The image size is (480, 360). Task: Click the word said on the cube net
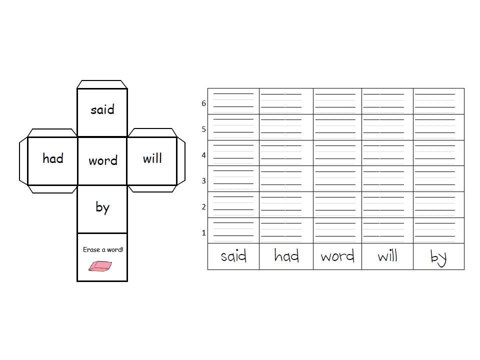[x=102, y=109]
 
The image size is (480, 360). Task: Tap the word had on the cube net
[x=53, y=158]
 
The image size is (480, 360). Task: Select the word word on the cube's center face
[x=103, y=160]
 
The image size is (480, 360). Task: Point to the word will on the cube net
[x=152, y=158]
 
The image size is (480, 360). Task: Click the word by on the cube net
[x=102, y=208]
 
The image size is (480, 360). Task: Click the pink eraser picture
[x=100, y=266]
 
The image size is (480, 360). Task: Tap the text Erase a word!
[x=103, y=250]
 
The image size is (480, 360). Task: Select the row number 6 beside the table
[x=203, y=103]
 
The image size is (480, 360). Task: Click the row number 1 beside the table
[x=203, y=233]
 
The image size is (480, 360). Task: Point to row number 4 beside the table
[x=203, y=155]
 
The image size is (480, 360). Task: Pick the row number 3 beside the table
[x=203, y=181]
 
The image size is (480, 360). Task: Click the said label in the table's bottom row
[x=233, y=256]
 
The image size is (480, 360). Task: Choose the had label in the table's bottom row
[x=286, y=255]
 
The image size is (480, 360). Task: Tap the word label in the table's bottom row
[x=337, y=256]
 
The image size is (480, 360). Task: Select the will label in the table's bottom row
[x=387, y=255]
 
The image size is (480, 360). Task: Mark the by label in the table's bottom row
[x=438, y=258]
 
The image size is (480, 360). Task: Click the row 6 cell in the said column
[x=233, y=101]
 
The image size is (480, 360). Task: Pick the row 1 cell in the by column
[x=438, y=230]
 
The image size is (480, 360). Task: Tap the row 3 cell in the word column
[x=337, y=179]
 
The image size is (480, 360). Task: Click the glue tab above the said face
[x=102, y=84]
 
